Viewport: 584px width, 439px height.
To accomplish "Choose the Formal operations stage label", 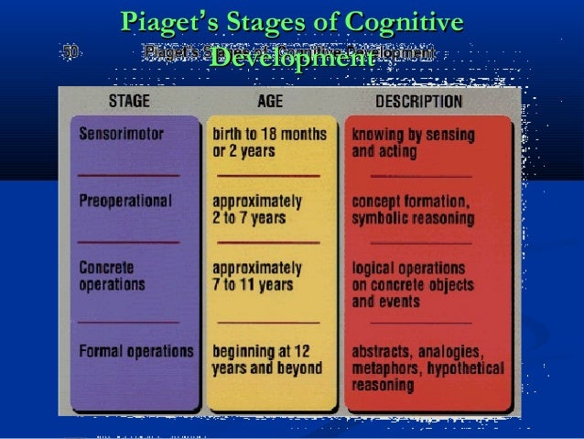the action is (x=135, y=350).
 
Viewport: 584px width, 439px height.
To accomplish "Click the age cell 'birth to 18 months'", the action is (x=268, y=134).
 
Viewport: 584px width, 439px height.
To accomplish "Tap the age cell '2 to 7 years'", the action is (x=249, y=219).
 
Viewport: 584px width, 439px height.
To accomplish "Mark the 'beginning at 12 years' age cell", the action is (x=266, y=358).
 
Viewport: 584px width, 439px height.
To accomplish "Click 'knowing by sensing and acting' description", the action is (x=407, y=142).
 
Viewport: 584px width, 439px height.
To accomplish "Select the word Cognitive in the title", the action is (x=403, y=20).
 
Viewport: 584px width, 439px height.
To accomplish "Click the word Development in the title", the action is (x=290, y=57).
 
